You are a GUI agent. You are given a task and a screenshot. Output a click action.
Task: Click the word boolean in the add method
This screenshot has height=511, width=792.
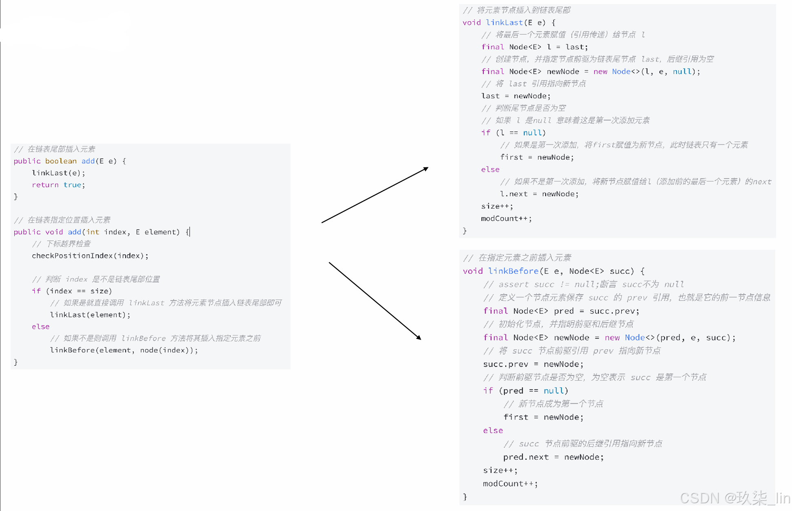(x=60, y=161)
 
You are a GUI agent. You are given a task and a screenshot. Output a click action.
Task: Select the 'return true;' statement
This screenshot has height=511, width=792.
(x=58, y=185)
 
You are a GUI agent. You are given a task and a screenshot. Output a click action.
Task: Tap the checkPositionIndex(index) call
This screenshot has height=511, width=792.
(x=90, y=256)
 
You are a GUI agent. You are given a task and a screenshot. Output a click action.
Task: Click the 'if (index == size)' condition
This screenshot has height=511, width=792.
(x=72, y=291)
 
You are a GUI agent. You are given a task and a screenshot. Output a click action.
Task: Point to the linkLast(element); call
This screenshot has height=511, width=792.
(x=90, y=315)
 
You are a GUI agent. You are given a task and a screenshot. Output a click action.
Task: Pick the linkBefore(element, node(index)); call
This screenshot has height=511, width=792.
(x=124, y=350)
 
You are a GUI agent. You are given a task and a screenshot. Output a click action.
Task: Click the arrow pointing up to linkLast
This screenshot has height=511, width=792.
(x=375, y=195)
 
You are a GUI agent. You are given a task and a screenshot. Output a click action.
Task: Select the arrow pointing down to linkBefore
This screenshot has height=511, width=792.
(x=375, y=300)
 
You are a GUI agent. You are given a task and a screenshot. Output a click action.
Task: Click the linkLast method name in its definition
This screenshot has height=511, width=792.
(x=504, y=22)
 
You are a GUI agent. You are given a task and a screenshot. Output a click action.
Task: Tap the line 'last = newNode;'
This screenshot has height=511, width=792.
(x=516, y=96)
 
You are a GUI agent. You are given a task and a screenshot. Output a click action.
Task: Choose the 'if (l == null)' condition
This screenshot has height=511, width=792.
(x=513, y=133)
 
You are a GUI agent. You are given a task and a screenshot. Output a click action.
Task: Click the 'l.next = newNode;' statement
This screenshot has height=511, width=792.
(x=539, y=194)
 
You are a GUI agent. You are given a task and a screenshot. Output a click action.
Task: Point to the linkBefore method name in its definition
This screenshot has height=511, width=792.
(x=513, y=271)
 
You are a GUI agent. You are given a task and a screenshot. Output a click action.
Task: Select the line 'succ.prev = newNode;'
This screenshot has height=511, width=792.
(x=533, y=364)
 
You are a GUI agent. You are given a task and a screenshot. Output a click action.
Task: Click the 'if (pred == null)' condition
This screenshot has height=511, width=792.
(x=526, y=391)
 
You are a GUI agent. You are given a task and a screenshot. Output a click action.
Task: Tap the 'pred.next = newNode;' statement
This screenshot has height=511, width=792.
(x=553, y=457)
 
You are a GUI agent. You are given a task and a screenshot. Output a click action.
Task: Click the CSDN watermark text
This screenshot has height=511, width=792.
(x=734, y=498)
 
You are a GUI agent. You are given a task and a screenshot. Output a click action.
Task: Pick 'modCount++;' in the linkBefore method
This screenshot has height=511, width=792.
(x=510, y=484)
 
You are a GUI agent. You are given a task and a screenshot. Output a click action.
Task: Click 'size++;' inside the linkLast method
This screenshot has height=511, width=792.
(x=497, y=206)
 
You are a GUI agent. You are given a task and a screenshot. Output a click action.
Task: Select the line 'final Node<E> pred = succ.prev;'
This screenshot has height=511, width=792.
(x=561, y=311)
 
